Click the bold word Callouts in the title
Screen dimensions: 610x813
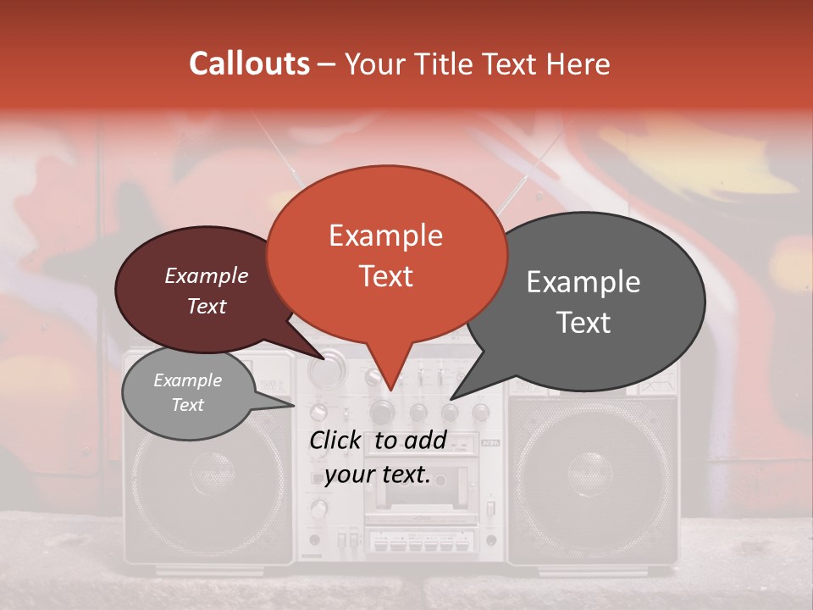[249, 64]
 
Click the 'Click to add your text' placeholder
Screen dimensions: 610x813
[378, 457]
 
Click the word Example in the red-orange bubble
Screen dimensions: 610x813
[386, 236]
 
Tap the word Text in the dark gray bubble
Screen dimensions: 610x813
[583, 322]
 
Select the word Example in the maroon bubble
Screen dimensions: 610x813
[207, 275]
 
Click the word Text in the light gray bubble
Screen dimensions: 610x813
[188, 405]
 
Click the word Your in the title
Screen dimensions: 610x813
[373, 64]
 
